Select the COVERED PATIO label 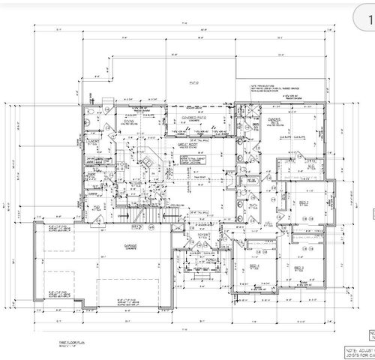(184, 118)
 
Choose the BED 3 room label (298, 267)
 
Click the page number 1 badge (367, 16)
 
